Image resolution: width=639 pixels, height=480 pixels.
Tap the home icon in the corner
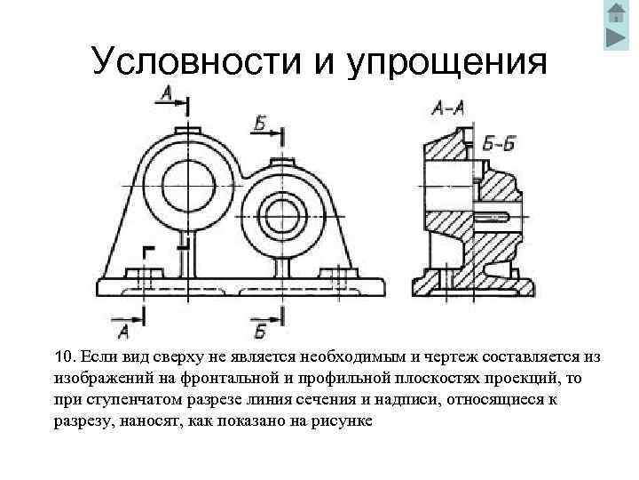pos(615,13)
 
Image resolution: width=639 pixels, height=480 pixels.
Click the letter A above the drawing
pos(168,92)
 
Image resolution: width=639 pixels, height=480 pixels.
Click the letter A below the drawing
pos(123,332)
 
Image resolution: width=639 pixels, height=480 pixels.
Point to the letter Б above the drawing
pos(260,124)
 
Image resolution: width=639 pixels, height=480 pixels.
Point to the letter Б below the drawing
pos(260,332)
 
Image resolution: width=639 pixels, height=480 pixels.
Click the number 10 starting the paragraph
pos(65,357)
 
